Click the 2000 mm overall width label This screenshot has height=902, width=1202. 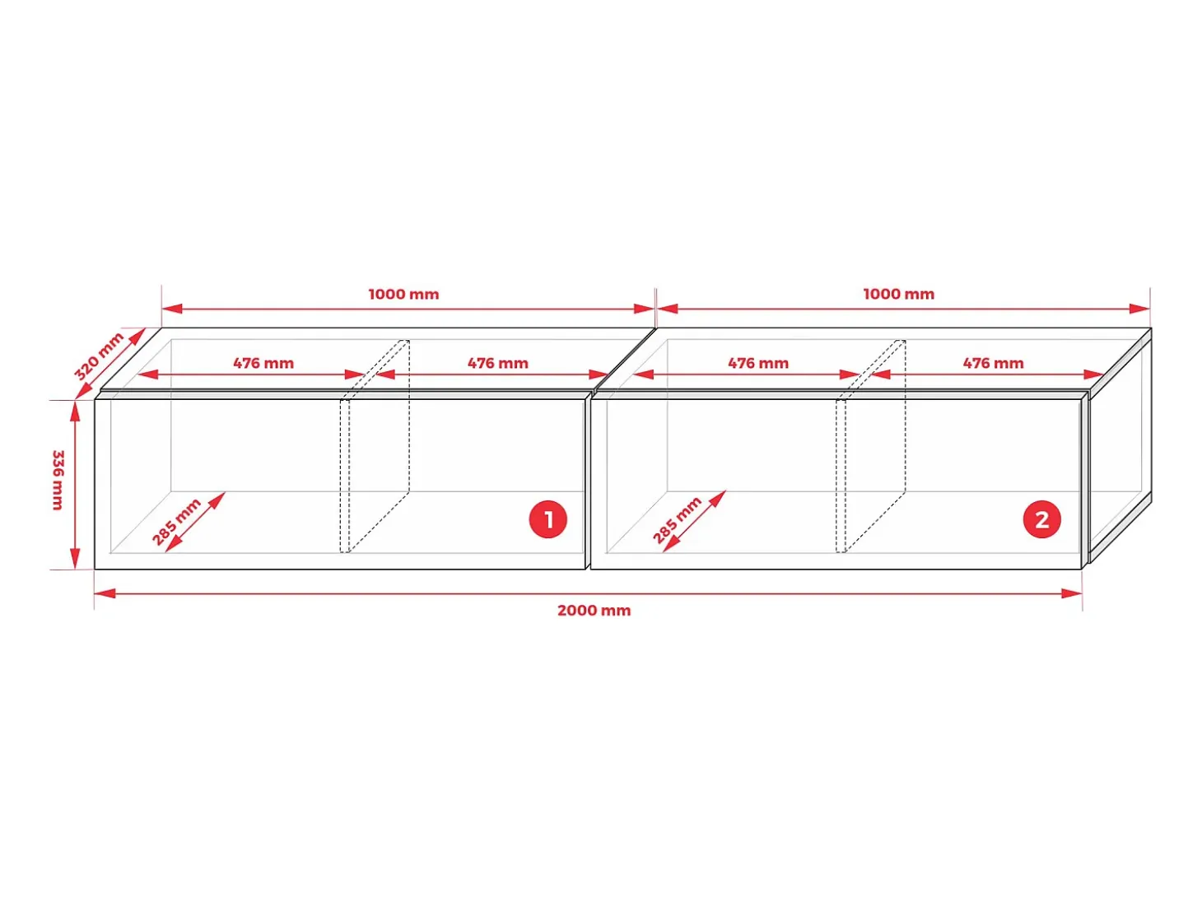pyautogui.click(x=594, y=611)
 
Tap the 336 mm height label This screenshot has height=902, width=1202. pyautogui.click(x=58, y=480)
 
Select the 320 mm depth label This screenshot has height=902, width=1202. pyautogui.click(x=99, y=356)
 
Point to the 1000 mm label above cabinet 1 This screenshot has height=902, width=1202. pyautogui.click(x=403, y=295)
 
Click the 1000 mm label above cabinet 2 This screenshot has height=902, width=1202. pyautogui.click(x=899, y=294)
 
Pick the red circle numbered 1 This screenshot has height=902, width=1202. pyautogui.click(x=548, y=518)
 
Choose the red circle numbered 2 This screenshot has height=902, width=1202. pyautogui.click(x=1042, y=518)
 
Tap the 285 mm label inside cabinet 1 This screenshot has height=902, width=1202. pyautogui.click(x=176, y=522)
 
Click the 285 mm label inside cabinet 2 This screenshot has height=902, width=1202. pyautogui.click(x=677, y=520)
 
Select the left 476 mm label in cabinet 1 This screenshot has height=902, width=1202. pyautogui.click(x=263, y=363)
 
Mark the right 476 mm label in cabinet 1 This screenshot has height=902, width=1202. pyautogui.click(x=498, y=363)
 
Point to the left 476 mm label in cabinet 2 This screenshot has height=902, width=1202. pyautogui.click(x=758, y=363)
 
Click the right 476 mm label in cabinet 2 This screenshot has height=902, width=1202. pyautogui.click(x=993, y=363)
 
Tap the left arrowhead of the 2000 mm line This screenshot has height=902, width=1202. pyautogui.click(x=105, y=593)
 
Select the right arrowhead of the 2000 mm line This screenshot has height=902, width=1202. pyautogui.click(x=1072, y=593)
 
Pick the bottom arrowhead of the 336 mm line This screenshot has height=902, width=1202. pyautogui.click(x=75, y=558)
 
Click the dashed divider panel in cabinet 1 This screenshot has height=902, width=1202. pyautogui.click(x=375, y=446)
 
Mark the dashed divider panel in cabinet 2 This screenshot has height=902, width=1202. pyautogui.click(x=870, y=446)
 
